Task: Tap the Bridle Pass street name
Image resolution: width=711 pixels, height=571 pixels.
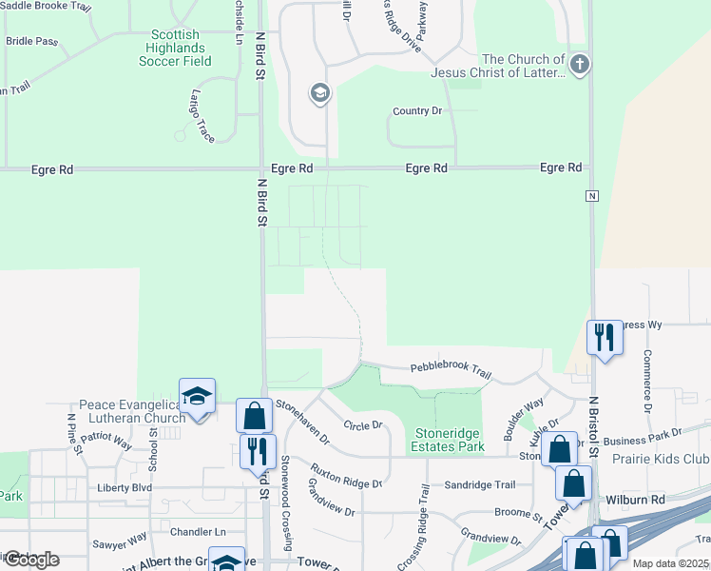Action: (x=31, y=41)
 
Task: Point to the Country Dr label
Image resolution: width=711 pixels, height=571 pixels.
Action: (x=417, y=111)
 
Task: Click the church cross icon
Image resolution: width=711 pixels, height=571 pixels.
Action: (x=580, y=65)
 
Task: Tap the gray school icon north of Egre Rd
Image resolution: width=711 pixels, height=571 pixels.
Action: (x=319, y=93)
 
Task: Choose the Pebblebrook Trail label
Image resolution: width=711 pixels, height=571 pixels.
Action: (x=451, y=369)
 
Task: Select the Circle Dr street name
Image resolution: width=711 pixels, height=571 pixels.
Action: (x=362, y=425)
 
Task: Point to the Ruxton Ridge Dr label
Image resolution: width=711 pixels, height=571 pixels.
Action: (x=346, y=476)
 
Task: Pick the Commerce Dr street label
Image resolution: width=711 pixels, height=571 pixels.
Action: (x=646, y=380)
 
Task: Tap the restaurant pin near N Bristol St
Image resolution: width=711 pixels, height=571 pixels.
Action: (x=604, y=337)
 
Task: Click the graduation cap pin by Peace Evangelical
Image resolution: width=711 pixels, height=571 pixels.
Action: (x=197, y=396)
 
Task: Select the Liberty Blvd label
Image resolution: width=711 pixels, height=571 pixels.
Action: (x=125, y=487)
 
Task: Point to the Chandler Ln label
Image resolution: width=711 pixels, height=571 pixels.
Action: (x=198, y=531)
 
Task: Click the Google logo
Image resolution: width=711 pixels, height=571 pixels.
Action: (x=30, y=560)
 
